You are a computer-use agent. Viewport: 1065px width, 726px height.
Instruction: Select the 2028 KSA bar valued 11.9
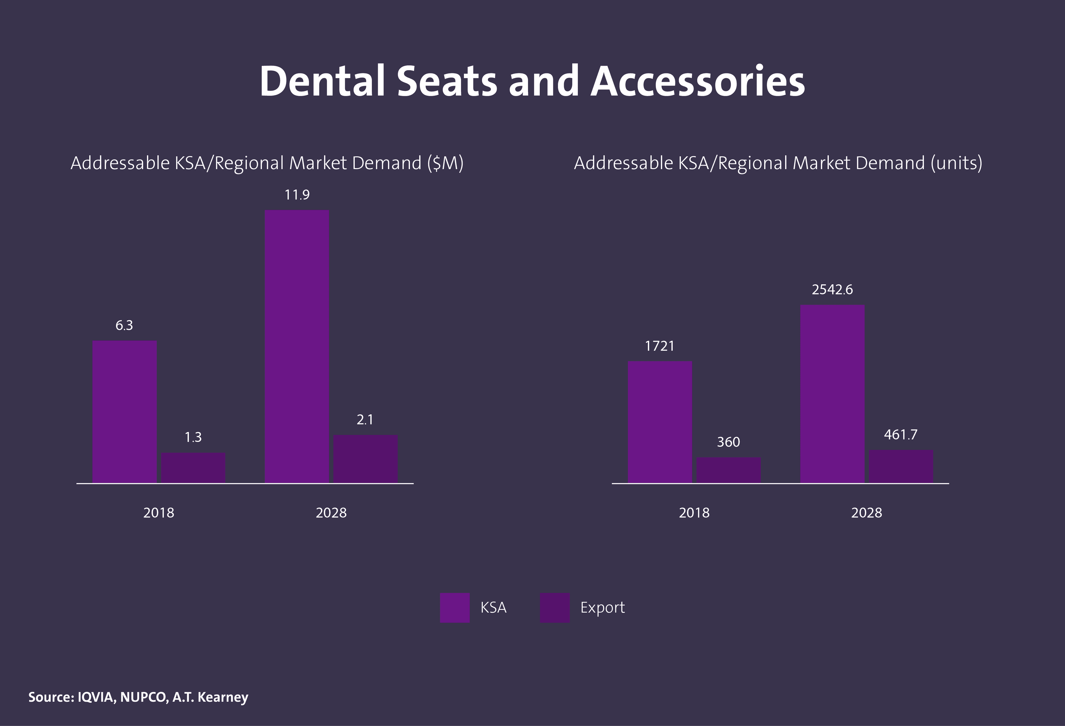point(297,346)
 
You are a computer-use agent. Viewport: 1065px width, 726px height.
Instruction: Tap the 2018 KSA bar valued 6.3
point(125,411)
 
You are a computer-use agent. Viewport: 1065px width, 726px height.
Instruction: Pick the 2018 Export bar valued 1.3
point(193,468)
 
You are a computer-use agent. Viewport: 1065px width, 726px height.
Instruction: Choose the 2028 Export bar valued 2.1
point(365,458)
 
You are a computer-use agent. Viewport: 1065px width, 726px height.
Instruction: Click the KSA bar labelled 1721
point(660,422)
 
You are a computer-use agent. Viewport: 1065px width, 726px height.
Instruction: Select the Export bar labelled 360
point(728,470)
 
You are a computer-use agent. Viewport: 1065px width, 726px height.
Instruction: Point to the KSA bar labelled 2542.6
point(832,394)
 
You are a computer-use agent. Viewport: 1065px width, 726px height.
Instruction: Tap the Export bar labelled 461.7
point(901,466)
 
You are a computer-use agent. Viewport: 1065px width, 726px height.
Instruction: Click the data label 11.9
point(297,195)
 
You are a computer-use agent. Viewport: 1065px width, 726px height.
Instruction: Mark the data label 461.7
point(901,435)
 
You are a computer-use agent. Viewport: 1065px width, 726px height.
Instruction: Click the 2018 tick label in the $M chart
point(159,513)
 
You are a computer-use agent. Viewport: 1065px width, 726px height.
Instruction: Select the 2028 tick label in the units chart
point(866,513)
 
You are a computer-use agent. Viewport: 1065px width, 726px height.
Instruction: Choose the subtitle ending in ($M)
point(267,163)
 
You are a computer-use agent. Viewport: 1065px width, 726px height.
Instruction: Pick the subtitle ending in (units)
point(778,163)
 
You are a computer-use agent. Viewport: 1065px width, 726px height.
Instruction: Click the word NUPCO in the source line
point(143,697)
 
